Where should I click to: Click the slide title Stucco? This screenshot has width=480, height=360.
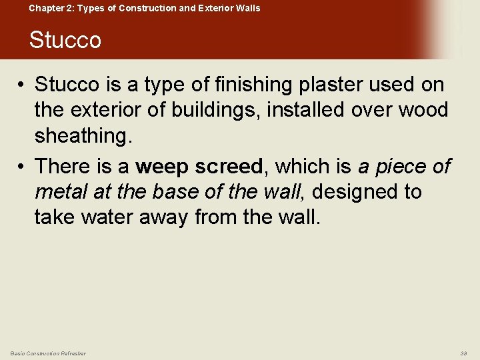coord(65,40)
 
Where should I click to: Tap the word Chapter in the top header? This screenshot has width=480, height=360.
coord(47,8)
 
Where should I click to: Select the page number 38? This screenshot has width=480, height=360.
coord(464,353)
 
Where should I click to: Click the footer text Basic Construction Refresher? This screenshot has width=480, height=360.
coord(48,353)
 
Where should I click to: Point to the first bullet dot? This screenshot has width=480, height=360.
coord(22,85)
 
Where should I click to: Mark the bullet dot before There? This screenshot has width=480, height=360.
coord(22,166)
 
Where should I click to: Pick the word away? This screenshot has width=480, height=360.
coord(167,217)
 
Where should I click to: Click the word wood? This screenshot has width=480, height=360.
coord(424,110)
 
